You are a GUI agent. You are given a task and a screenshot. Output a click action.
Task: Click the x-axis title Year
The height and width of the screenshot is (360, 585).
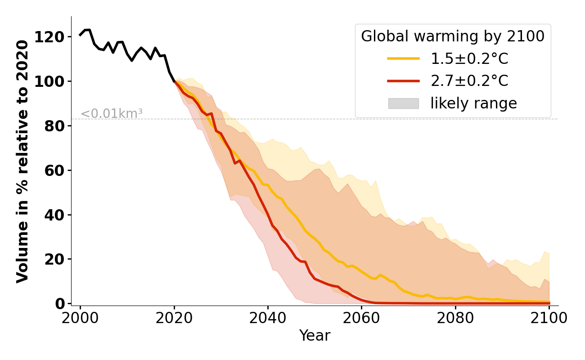pos(315,336)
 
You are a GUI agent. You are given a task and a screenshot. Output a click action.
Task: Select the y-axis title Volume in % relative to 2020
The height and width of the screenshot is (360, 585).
pos(23,161)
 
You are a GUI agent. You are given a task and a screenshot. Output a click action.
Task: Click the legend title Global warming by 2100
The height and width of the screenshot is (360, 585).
pos(453,36)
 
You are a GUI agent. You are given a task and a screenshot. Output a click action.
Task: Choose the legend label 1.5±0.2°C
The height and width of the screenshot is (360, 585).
pos(469,59)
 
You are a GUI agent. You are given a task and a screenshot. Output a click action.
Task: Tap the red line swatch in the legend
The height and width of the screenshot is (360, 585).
pos(403,81)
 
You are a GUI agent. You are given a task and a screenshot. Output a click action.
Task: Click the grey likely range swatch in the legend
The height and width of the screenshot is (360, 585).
pos(403,103)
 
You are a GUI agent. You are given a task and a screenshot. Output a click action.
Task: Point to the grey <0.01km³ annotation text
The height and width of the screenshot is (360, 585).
pos(111,114)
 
